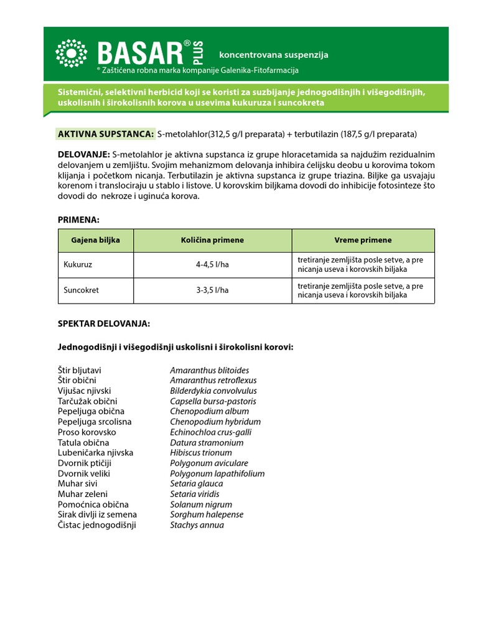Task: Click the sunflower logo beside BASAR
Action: coord(71,53)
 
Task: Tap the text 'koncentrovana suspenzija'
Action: coord(274,55)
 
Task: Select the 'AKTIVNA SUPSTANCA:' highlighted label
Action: coord(106,134)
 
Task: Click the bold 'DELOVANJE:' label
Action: coord(84,154)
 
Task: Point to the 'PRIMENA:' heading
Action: coord(78,220)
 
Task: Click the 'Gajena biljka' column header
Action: coord(96,240)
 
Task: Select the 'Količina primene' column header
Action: coord(212,240)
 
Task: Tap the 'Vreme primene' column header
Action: coord(363,240)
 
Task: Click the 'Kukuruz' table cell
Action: coord(78,264)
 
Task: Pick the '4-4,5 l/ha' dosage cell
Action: coord(212,264)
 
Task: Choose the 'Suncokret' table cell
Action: coord(82,290)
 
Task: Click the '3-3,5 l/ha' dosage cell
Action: coord(212,290)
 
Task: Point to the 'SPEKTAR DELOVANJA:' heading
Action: coord(104,324)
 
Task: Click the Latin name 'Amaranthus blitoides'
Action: coord(209,370)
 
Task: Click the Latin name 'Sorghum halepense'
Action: coord(207,514)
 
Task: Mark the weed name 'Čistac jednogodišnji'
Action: coord(96,525)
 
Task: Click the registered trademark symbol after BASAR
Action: coord(187,44)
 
